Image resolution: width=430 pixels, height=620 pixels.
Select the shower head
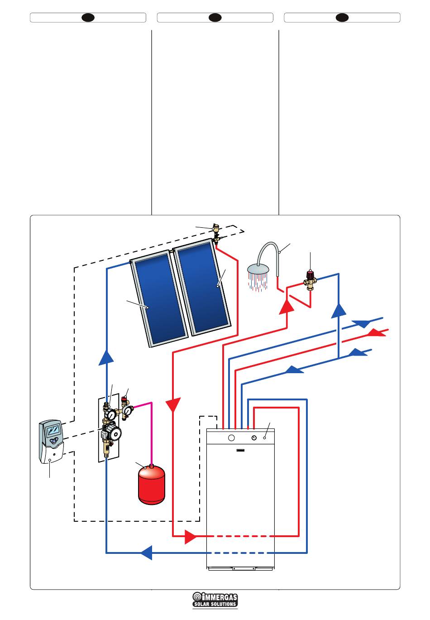pyautogui.click(x=258, y=270)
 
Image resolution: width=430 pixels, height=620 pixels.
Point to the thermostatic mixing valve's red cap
pyautogui.click(x=311, y=274)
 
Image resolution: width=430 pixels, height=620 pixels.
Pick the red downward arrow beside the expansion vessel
pyautogui.click(x=173, y=404)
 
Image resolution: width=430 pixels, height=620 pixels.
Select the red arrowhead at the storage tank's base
pyautogui.click(x=190, y=537)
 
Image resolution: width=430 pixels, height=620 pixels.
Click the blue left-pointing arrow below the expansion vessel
pyautogui.click(x=146, y=553)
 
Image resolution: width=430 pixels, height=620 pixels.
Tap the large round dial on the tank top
pyautogui.click(x=231, y=438)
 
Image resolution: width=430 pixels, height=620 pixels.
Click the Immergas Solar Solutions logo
pyautogui.click(x=215, y=600)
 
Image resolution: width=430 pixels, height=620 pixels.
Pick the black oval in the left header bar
pyautogui.click(x=88, y=18)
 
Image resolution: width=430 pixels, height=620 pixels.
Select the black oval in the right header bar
pyautogui.click(x=342, y=18)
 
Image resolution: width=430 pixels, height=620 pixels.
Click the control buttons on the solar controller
pyautogui.click(x=54, y=440)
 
